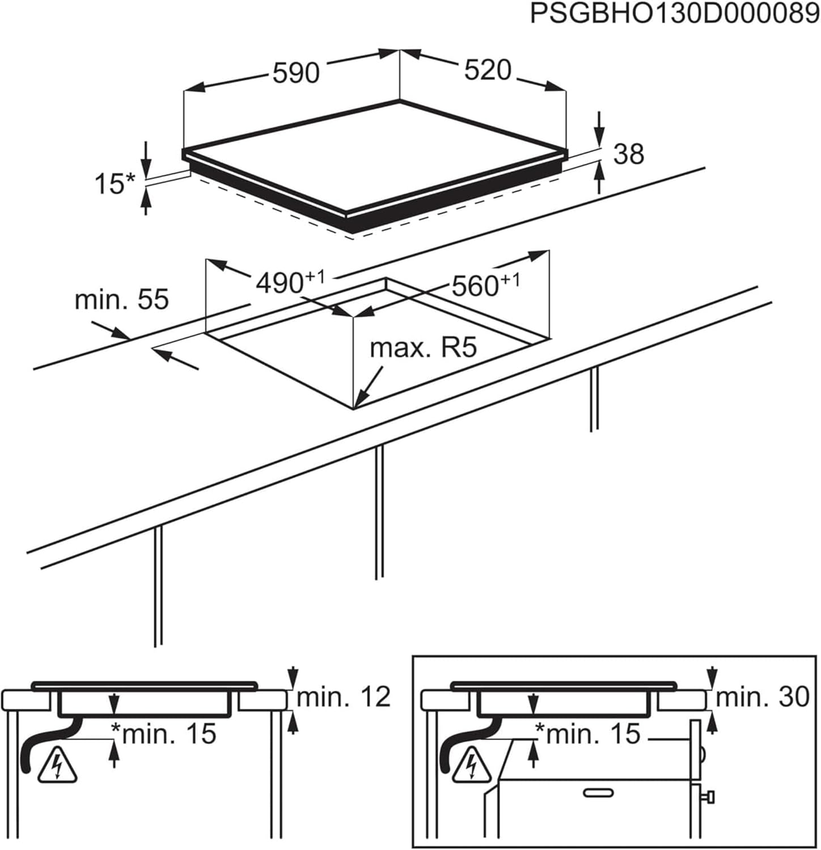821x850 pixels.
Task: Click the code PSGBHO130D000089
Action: coord(674,14)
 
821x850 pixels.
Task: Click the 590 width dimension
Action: coord(296,73)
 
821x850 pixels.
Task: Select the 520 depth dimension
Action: coord(488,70)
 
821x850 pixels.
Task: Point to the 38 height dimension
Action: coord(629,154)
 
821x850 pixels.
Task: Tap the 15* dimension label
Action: coord(115,184)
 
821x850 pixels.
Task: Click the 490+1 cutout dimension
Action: coord(289,282)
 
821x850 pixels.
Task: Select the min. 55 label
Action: coord(121,299)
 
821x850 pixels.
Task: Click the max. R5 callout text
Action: coord(423,348)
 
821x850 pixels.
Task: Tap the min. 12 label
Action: coord(344,697)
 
